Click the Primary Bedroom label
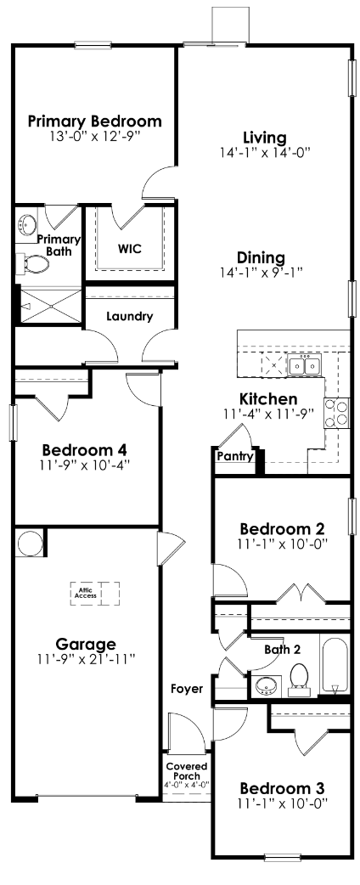click(94, 120)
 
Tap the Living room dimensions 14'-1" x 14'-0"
click(264, 153)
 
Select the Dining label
click(261, 257)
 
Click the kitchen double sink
click(303, 366)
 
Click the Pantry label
click(235, 456)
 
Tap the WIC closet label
click(129, 250)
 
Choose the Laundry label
click(129, 317)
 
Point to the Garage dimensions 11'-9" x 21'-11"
click(87, 658)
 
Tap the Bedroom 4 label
click(87, 449)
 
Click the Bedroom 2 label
click(282, 527)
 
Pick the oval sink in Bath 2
click(267, 685)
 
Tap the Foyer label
click(187, 688)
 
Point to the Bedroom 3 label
click(282, 786)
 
